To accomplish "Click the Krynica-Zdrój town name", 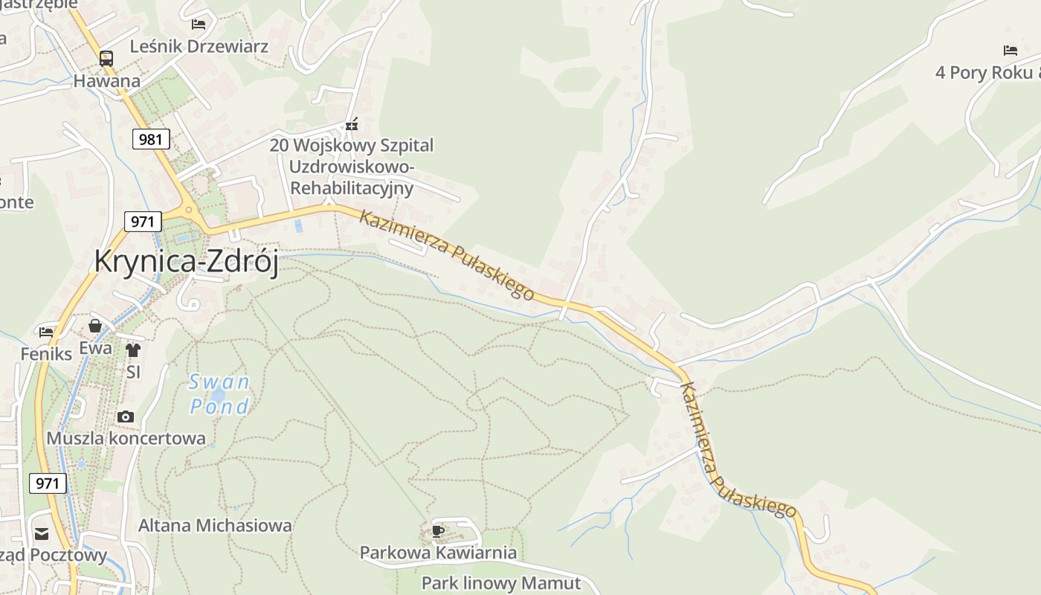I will pyautogui.click(x=186, y=262).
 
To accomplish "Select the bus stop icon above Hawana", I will pyautogui.click(x=106, y=59).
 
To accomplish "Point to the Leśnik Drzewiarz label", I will pyautogui.click(x=199, y=46).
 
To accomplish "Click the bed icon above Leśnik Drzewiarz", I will pyautogui.click(x=199, y=25).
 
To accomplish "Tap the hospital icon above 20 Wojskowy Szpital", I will pyautogui.click(x=352, y=124).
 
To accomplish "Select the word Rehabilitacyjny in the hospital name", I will pyautogui.click(x=351, y=188).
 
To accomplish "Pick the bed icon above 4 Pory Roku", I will pyautogui.click(x=1010, y=51).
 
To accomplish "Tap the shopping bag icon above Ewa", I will pyautogui.click(x=95, y=326).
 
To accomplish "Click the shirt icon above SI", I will pyautogui.click(x=133, y=350).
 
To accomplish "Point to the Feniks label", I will pyautogui.click(x=46, y=354).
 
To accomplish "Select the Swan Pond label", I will pyautogui.click(x=219, y=394).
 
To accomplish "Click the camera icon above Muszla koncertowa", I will pyautogui.click(x=126, y=416).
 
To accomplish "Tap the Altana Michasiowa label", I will pyautogui.click(x=215, y=526).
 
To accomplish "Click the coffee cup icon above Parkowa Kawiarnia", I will pyautogui.click(x=438, y=531).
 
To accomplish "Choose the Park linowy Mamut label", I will pyautogui.click(x=500, y=582).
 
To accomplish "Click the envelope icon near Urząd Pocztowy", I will pyautogui.click(x=41, y=533).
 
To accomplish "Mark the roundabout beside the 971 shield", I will pyautogui.click(x=189, y=210).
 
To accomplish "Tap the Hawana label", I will pyautogui.click(x=106, y=81).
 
